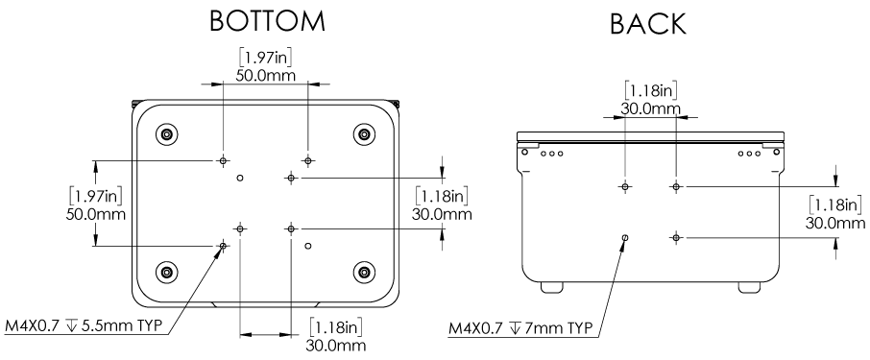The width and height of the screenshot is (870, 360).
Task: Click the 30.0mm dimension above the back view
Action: coord(650,108)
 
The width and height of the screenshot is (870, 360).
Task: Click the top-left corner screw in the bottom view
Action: coord(167,132)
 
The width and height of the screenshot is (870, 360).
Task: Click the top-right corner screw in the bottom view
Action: coord(364,132)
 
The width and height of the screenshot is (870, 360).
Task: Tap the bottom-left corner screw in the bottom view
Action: coord(167,270)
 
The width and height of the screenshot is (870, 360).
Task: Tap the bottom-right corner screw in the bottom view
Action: coord(364,270)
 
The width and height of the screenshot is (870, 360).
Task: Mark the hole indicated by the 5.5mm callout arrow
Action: coord(223,246)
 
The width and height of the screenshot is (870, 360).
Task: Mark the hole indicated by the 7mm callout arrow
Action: coord(625,237)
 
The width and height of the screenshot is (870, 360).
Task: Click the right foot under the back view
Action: coord(749,286)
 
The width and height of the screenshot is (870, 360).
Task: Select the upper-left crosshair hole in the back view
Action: coord(625,185)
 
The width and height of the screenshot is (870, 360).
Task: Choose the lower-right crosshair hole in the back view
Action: coord(676,236)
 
